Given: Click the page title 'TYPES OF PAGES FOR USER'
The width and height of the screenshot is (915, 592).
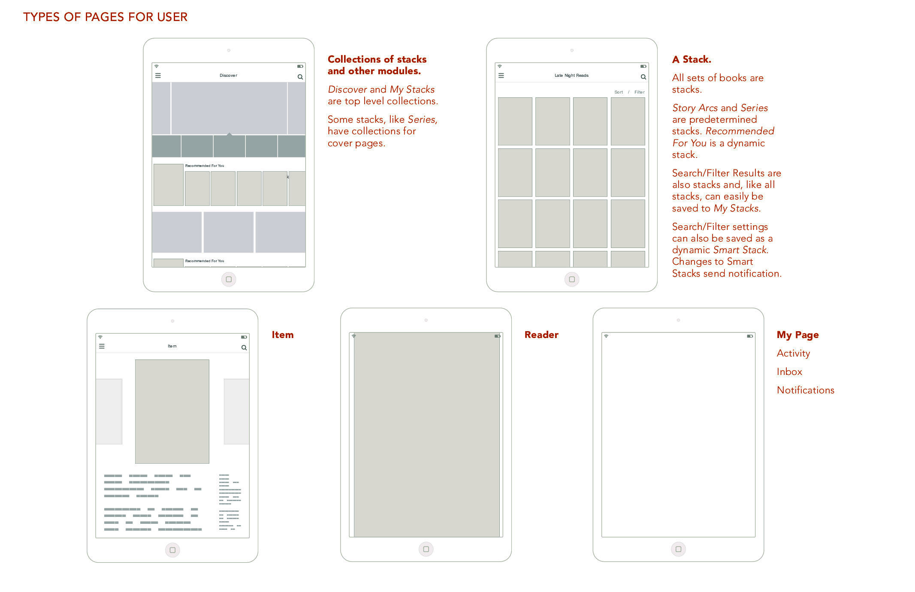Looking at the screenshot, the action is pos(105,17).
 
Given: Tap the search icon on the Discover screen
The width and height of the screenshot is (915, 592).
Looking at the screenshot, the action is pos(300,77).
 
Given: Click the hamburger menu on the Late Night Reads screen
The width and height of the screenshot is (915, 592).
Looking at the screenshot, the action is pos(501,76).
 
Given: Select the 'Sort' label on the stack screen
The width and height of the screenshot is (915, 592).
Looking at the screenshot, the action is pos(619,92).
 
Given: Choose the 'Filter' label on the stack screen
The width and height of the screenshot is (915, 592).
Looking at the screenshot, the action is pos(640,92).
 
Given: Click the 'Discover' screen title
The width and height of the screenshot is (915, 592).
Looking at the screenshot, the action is pos(228,76).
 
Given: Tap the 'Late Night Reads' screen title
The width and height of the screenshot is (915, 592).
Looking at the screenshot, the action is pos(571,76).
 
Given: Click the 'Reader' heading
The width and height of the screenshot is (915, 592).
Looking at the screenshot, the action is pos(541,335).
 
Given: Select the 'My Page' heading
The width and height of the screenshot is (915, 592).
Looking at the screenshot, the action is pos(797,335).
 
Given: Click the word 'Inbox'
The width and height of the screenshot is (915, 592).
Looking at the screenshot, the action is pos(789,372).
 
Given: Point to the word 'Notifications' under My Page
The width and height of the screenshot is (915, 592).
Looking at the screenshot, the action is pos(806,390).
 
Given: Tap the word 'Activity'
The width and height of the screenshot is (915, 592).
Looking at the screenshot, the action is pos(793,353).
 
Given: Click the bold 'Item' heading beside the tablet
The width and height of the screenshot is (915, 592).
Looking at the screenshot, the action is pos(283,335).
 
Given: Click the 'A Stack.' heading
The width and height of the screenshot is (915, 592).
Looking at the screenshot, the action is pos(692,60).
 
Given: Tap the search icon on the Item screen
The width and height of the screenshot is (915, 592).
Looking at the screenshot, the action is pos(244,348).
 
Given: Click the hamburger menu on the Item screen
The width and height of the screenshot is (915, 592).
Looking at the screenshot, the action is pos(102,346).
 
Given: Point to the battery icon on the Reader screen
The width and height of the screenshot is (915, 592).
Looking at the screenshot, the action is pos(498,336).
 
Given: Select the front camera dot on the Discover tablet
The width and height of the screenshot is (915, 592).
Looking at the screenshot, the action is pos(229,51).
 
